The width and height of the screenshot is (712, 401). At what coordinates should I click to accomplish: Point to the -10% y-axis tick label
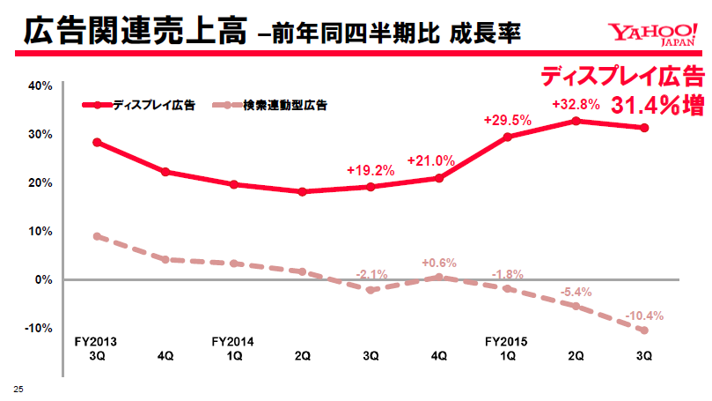click(40, 328)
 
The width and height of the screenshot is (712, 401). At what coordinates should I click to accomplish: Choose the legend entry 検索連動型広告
click(284, 105)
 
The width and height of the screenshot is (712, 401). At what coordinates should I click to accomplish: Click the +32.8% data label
click(576, 104)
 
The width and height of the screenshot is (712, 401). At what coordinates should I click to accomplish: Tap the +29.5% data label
click(508, 120)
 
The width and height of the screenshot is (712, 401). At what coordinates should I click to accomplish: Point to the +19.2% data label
click(371, 170)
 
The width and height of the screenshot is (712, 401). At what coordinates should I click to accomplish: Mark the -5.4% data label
click(576, 292)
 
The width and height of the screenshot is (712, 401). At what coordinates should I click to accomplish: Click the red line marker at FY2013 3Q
click(97, 142)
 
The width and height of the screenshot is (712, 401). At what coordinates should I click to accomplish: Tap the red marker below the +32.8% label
click(576, 121)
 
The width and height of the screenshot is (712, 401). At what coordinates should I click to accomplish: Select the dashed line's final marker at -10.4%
click(644, 330)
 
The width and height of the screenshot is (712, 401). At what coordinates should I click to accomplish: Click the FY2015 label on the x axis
click(507, 340)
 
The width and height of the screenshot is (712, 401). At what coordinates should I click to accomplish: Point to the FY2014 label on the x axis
click(233, 340)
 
